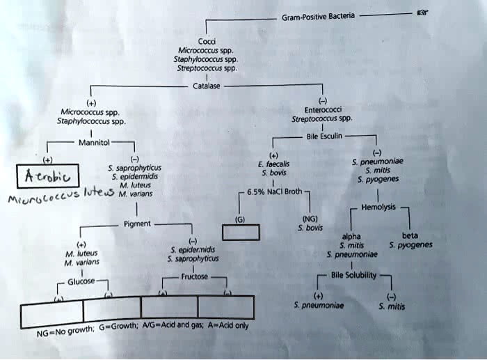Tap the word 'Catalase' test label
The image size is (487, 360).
tap(206, 86)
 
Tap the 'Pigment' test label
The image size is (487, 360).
tap(134, 224)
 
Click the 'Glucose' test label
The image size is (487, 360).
tap(81, 281)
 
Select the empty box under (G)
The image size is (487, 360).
tap(241, 232)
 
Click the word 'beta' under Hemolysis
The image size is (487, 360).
tap(410, 235)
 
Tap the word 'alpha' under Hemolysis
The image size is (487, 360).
tap(351, 236)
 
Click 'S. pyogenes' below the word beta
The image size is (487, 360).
tap(410, 245)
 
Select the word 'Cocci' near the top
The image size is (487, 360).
tap(207, 41)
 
